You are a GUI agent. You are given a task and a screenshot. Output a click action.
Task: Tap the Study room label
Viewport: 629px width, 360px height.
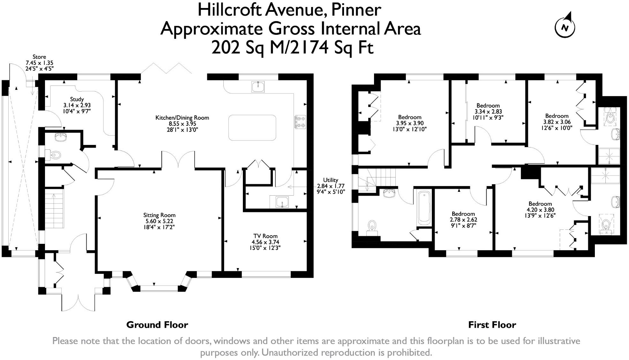coord(77,105)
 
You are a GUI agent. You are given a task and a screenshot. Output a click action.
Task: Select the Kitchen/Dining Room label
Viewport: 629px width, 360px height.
coord(182,124)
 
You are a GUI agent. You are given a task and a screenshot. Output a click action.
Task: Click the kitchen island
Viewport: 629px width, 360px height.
coord(252,128)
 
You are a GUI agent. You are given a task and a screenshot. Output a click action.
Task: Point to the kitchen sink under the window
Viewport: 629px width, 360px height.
coord(258,86)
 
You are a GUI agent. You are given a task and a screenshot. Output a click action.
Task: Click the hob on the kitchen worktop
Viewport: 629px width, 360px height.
coord(300,122)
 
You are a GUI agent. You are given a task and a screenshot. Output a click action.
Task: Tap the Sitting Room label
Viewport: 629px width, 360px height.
coord(159,221)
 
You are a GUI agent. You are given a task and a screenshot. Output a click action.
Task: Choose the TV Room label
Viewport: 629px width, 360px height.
coord(265,242)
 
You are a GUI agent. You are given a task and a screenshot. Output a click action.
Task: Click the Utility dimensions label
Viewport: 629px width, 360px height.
coord(331,186)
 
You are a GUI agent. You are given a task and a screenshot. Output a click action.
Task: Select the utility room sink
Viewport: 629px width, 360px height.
coord(282,202)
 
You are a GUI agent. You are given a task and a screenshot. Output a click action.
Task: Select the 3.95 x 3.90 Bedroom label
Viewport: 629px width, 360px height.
coord(410,123)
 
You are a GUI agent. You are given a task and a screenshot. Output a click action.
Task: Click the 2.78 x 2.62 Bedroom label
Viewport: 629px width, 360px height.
coord(463,220)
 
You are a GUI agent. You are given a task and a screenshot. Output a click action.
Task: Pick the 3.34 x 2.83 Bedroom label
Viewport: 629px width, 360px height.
coord(488,111)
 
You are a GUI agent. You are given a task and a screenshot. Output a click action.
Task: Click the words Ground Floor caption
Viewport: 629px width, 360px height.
coord(157,325)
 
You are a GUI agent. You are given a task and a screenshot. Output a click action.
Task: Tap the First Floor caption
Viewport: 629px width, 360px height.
coord(492,325)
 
